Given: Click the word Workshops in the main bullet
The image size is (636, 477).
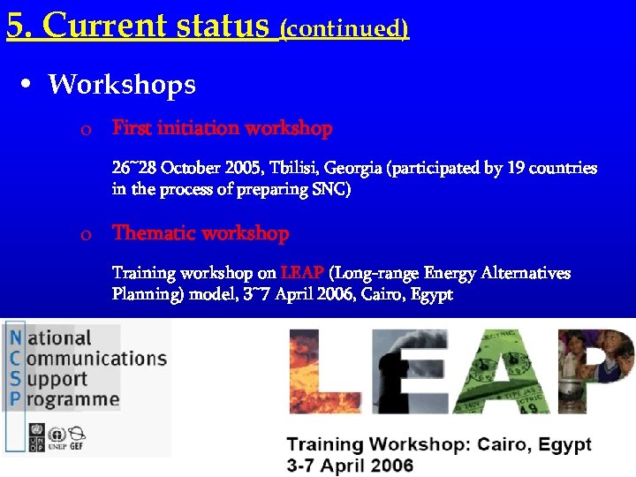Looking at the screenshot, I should [122, 85].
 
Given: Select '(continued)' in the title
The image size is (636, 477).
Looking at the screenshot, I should [344, 28].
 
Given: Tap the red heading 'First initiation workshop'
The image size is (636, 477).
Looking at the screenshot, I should [222, 128].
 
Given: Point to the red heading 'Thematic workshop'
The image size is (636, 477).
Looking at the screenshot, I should [201, 233].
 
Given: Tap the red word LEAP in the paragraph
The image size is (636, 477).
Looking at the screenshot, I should [301, 273].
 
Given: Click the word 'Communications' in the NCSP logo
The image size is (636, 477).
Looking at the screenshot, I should [95, 359].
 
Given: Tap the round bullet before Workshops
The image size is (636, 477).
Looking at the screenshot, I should [27, 85].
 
